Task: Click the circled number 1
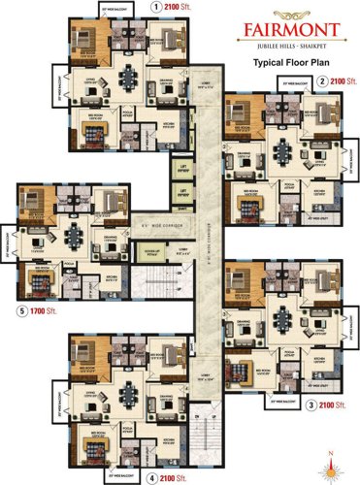click(156, 6)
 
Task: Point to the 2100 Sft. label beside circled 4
click(174, 478)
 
